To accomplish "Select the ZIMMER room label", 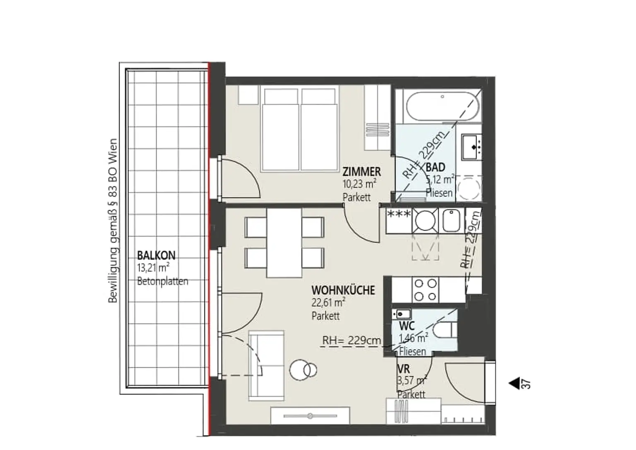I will (x=361, y=171).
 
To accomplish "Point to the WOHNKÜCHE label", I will (x=343, y=290).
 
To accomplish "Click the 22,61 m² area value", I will (x=328, y=303).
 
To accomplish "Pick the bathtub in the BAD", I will (x=442, y=107).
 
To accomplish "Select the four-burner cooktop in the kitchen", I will (x=425, y=290).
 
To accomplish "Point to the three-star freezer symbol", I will (x=399, y=214).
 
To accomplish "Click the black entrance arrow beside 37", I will (x=514, y=383).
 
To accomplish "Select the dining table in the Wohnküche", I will (x=284, y=243).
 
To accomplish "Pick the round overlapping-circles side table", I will (x=303, y=370).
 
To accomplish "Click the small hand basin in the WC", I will (x=402, y=314).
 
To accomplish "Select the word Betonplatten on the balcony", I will (x=163, y=281).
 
